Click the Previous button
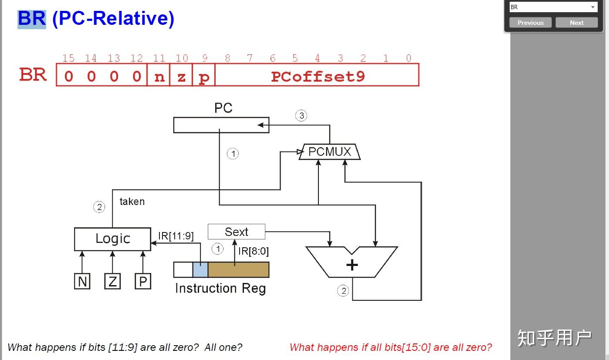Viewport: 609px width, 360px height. point(531,23)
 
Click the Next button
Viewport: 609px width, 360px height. point(577,23)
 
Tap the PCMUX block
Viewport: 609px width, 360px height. point(330,151)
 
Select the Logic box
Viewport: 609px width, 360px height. point(112,239)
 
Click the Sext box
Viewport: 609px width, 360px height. point(237,232)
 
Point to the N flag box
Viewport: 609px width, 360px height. point(82,281)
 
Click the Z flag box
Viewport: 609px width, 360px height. point(112,281)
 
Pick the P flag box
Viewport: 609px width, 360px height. point(143,281)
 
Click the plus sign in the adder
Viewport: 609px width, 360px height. point(352,265)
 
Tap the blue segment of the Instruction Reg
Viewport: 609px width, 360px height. point(200,269)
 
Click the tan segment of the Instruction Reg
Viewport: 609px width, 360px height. point(238,269)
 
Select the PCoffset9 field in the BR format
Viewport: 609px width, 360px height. point(317,75)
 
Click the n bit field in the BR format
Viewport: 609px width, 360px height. point(159,75)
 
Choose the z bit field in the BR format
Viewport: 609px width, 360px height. point(181,75)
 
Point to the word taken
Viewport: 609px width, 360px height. point(132,202)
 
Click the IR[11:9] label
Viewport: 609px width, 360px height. point(176,236)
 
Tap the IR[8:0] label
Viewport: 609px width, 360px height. point(254,251)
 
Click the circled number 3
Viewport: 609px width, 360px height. point(301,115)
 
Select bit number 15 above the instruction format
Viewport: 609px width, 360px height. point(68,58)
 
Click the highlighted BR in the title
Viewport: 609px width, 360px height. point(32,19)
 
